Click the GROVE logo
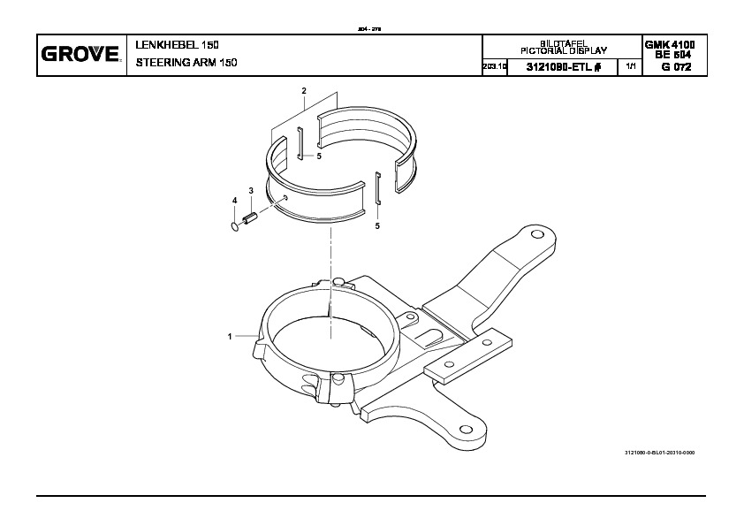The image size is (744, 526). tap(80, 55)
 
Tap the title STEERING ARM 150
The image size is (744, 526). tap(186, 63)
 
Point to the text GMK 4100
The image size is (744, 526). tap(670, 44)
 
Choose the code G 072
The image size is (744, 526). tap(670, 67)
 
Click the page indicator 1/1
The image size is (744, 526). tap(630, 67)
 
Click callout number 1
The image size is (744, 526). tap(230, 337)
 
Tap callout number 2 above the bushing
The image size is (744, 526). tap(304, 91)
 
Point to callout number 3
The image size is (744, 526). tap(251, 191)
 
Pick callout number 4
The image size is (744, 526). tap(235, 202)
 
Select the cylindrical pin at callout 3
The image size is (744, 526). tap(251, 217)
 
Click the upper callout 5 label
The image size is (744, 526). tap(319, 156)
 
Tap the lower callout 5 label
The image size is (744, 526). tap(377, 226)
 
